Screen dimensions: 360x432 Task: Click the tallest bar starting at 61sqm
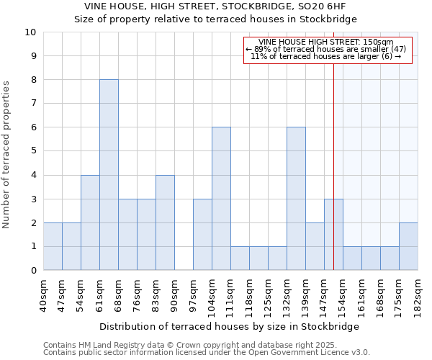click(x=109, y=175)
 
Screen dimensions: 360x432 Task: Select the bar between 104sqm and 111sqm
click(x=221, y=199)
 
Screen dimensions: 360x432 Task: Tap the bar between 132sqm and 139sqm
click(x=296, y=199)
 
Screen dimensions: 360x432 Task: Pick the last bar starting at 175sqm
click(x=408, y=246)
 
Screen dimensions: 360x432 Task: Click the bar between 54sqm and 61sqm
click(x=90, y=222)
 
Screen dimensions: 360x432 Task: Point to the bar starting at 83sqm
click(x=165, y=222)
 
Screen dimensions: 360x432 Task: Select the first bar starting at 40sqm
click(x=53, y=246)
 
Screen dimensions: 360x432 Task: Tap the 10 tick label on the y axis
click(x=30, y=32)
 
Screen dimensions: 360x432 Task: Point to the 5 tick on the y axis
click(x=33, y=151)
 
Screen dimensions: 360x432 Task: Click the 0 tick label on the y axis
click(x=33, y=270)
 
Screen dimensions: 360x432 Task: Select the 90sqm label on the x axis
click(x=174, y=294)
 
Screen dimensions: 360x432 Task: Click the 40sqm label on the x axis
click(x=43, y=294)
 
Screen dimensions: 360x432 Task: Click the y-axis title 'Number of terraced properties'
click(x=7, y=155)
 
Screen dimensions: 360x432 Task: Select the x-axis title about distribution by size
click(x=228, y=326)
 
